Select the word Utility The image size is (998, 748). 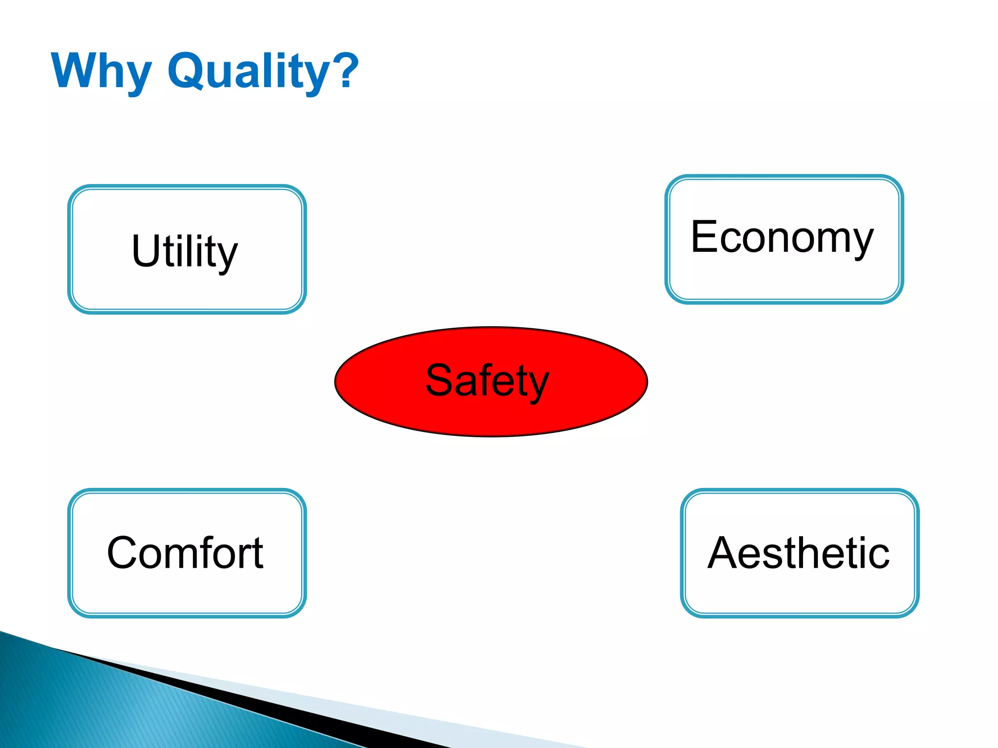click(x=185, y=251)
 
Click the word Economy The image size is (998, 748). click(x=782, y=239)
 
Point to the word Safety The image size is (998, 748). click(x=487, y=381)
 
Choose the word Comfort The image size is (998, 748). click(x=185, y=553)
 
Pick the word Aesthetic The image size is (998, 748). click(x=799, y=553)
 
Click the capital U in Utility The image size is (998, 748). click(x=146, y=250)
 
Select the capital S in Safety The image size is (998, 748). click(x=441, y=380)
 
